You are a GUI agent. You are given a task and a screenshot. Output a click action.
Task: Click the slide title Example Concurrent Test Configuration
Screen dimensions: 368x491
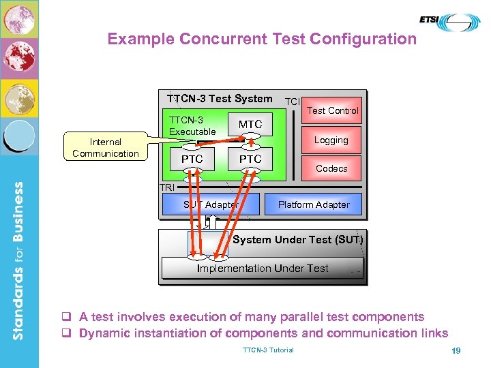[262, 39]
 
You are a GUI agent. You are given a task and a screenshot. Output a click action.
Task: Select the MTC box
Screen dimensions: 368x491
[250, 124]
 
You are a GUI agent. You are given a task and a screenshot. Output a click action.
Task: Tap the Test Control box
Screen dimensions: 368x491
[332, 110]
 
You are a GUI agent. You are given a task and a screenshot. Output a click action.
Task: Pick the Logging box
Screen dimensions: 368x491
[331, 140]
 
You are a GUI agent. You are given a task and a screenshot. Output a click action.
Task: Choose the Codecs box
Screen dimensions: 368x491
[331, 168]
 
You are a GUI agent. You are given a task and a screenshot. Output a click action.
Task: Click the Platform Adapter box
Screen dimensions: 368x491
[314, 204]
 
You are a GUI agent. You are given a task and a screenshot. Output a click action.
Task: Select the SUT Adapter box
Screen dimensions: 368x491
[211, 204]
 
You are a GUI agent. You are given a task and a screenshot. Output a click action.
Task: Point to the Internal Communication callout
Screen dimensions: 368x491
[106, 147]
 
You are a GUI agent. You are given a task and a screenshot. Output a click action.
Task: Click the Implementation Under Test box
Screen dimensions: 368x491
[263, 269]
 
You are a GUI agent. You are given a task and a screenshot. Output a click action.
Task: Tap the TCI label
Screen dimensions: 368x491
[292, 101]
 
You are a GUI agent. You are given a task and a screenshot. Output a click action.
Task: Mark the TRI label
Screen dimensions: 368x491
[166, 187]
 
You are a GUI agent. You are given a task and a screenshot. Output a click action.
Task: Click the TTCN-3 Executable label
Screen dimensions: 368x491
[192, 125]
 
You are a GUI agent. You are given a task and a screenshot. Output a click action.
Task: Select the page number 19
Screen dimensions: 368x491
[456, 350]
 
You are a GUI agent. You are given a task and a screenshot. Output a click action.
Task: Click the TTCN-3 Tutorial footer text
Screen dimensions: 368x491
[268, 350]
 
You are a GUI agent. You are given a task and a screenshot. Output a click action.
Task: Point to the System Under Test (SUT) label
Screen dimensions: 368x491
[298, 239]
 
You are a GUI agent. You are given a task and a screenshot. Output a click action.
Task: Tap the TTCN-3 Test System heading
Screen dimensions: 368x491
[219, 98]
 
